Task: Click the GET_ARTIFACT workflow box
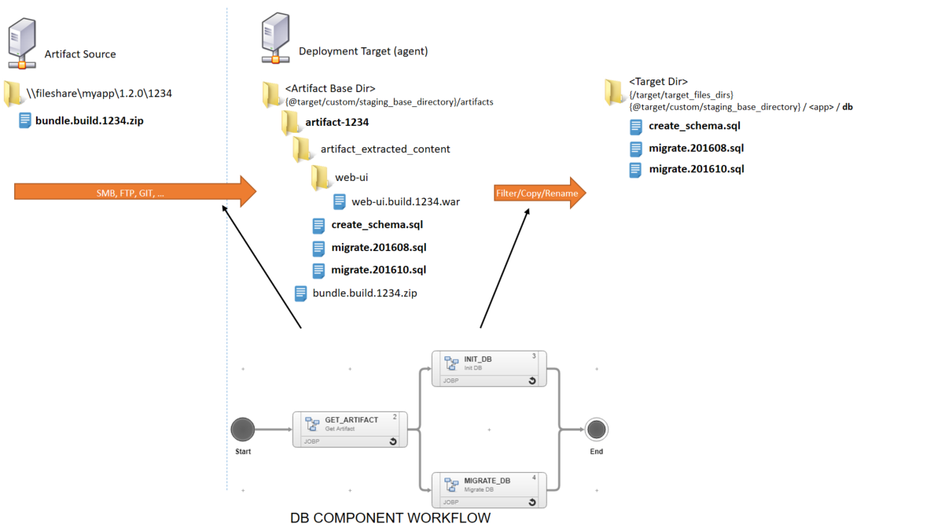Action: pos(350,430)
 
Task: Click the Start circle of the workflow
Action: pos(243,430)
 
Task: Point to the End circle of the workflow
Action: pos(596,430)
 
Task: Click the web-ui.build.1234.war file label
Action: pos(406,201)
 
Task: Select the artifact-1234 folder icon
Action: pos(290,122)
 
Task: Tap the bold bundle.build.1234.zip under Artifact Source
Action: pos(90,121)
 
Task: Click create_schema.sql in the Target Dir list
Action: pos(694,126)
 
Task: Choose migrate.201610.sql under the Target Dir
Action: pos(696,169)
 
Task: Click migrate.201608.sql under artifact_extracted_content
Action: pos(378,248)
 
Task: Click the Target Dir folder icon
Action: pos(614,91)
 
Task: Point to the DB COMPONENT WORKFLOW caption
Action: pos(390,518)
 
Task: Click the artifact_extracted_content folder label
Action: pos(385,149)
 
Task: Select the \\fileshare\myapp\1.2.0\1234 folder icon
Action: pos(14,93)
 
